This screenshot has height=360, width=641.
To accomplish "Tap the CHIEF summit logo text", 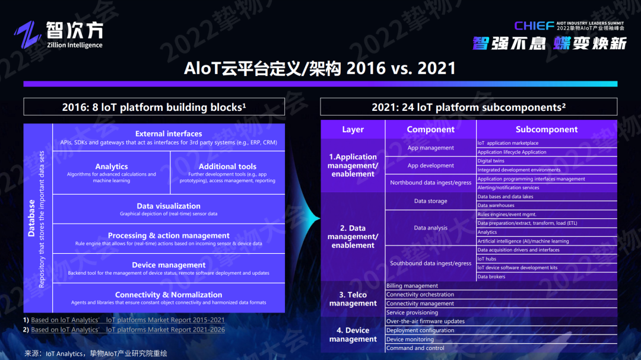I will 534,26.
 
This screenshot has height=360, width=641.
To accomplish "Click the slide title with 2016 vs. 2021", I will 320,68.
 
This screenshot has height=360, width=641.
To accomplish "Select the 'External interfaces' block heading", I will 169,134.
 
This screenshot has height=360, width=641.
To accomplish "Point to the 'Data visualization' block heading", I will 169,206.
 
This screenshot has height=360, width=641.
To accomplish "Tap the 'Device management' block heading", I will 169,265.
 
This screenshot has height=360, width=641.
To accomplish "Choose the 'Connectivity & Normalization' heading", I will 169,295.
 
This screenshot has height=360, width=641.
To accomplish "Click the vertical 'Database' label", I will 32,219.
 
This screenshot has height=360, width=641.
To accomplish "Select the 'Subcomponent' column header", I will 546,129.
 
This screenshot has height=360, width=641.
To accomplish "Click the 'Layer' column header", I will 353,129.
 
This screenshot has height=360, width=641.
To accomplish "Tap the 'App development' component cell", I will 431,165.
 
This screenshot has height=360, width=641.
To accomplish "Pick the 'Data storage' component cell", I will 431,201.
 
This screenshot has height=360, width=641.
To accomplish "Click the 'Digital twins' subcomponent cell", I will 491,161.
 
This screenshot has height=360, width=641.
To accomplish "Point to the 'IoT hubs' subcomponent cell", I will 487,259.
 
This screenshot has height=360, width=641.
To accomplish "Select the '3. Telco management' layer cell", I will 353,299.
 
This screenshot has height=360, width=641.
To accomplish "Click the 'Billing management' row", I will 412,286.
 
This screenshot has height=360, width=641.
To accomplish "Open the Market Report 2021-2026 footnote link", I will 128,330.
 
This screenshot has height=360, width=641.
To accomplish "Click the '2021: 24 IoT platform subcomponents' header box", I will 468,107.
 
